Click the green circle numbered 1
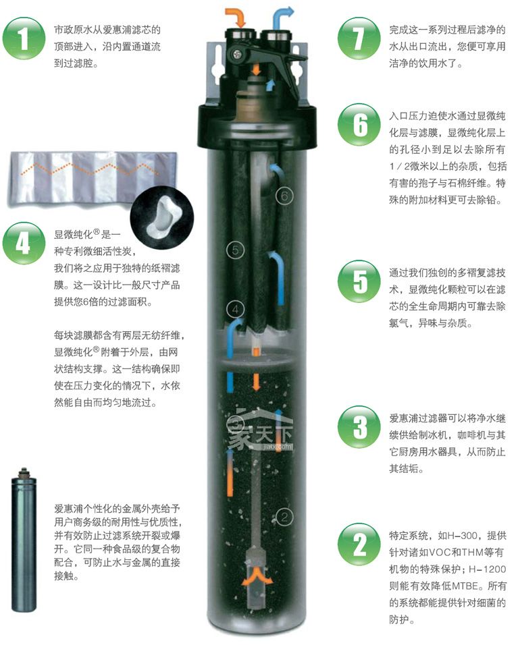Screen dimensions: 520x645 tap(24, 38)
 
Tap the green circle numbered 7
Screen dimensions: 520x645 tap(359, 38)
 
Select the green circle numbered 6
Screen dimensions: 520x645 tap(359, 124)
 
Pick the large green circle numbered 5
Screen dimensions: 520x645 tap(359, 281)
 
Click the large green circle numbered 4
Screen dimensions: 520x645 tap(24, 243)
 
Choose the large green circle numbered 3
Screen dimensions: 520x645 tap(359, 427)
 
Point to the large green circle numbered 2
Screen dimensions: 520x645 tap(359, 544)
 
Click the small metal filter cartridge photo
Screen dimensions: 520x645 tap(24, 540)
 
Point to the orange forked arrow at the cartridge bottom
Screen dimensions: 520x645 tap(257, 576)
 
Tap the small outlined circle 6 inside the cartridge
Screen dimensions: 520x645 tap(284, 196)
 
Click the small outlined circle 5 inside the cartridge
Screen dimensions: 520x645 tap(236, 250)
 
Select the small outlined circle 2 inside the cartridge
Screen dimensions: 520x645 tap(284, 517)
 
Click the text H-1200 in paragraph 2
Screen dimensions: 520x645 tap(488, 569)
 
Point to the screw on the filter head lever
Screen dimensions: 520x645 tap(238, 53)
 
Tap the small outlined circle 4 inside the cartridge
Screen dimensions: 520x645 tap(236, 309)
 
